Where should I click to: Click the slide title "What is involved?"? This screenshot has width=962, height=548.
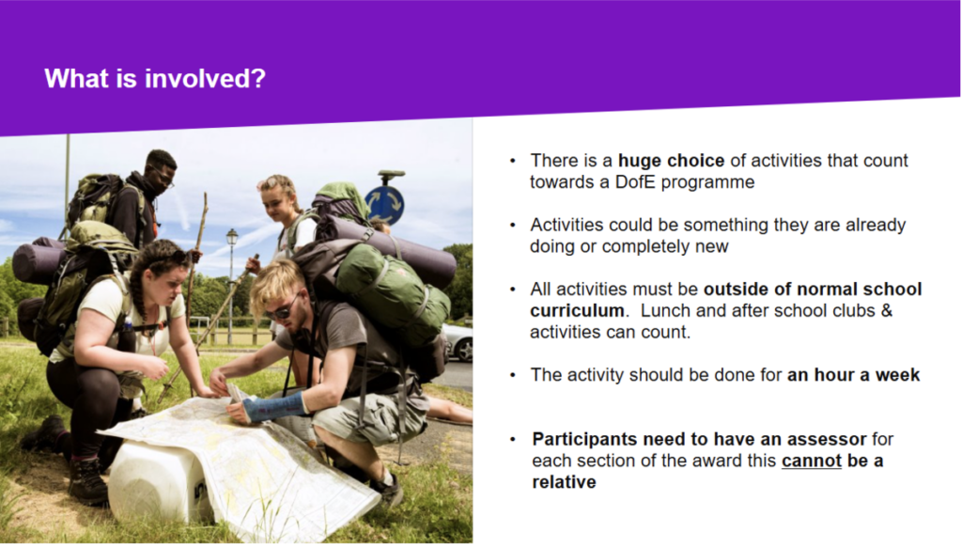[155, 79]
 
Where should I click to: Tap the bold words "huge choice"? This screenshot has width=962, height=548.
[671, 160]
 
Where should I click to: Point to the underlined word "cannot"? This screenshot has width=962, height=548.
[811, 461]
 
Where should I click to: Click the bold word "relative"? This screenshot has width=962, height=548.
[564, 482]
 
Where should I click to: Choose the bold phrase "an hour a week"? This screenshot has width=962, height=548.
[853, 375]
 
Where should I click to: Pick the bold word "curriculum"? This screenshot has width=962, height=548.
[577, 310]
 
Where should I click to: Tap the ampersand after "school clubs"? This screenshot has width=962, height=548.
[887, 310]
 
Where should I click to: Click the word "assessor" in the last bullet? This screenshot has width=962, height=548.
[827, 439]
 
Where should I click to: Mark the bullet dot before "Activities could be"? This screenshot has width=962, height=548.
[513, 225]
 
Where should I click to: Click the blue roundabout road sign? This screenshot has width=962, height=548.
[384, 205]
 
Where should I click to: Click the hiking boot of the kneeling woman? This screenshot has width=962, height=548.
[87, 481]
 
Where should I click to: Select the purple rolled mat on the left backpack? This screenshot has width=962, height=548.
[38, 262]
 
